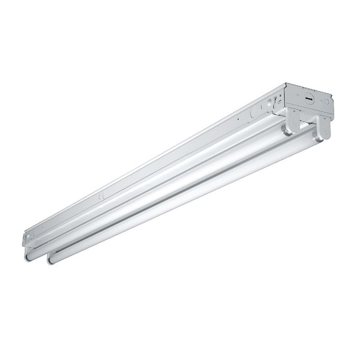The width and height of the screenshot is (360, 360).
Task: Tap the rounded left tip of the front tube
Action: click(50, 260)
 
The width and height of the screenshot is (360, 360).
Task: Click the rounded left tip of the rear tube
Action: click(28, 254)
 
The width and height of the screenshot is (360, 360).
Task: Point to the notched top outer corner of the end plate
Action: click(334, 95)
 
